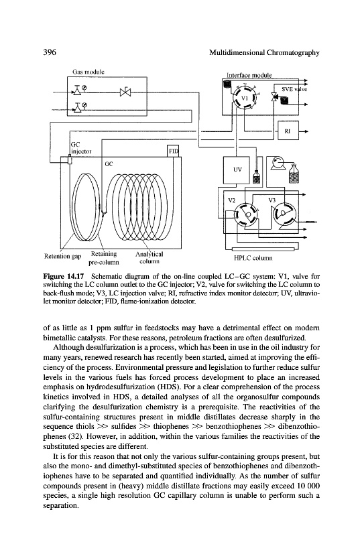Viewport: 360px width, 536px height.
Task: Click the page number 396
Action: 50,52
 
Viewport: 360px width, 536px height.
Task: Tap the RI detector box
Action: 287,131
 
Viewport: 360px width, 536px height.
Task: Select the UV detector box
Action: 237,170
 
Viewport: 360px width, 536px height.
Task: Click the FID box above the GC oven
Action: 173,151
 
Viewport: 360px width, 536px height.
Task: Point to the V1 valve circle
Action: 244,98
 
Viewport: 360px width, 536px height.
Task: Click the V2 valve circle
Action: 246,214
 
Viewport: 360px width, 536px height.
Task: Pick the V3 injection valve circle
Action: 285,214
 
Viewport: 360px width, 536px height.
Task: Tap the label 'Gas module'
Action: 88,72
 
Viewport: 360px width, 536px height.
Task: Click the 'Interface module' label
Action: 249,75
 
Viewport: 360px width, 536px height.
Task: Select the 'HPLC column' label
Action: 253,258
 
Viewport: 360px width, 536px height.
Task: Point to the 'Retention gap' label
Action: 62,257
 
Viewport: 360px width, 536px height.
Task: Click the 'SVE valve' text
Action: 294,89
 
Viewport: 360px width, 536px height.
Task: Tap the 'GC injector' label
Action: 80,148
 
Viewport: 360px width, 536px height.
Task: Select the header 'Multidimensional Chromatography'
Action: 264,53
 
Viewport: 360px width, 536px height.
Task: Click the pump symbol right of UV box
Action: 278,163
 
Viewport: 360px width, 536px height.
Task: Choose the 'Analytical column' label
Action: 149,258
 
